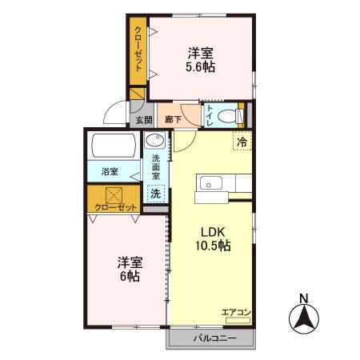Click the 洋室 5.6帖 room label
[201, 60]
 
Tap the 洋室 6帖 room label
[130, 270]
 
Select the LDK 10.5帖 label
[213, 238]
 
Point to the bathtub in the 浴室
[114, 146]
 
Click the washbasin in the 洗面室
[154, 140]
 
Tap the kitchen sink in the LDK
[211, 183]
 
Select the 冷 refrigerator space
[242, 142]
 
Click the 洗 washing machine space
[156, 193]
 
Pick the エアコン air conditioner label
[236, 312]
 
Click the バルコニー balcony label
[215, 338]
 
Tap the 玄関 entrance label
[144, 120]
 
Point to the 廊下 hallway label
[173, 119]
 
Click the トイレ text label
[210, 116]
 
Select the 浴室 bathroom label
[110, 171]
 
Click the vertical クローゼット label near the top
[138, 49]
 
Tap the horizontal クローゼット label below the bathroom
[116, 207]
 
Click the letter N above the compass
[304, 298]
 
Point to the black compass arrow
[304, 318]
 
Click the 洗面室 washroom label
[156, 167]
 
